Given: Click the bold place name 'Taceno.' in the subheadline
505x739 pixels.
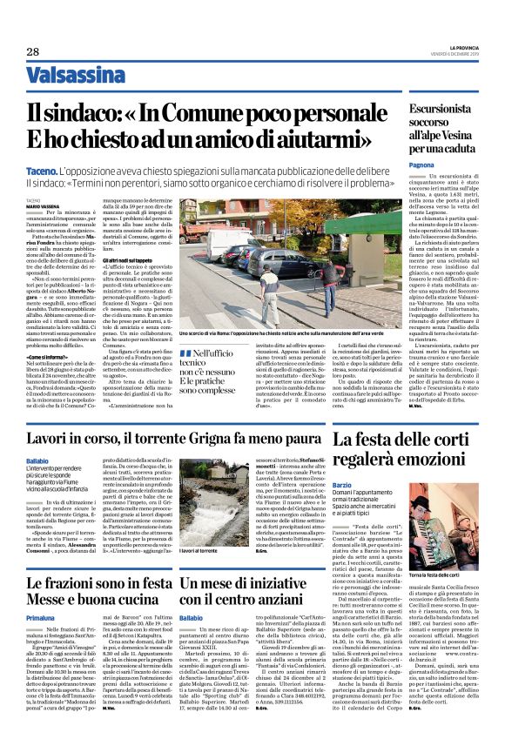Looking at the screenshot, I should [x=43, y=172].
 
